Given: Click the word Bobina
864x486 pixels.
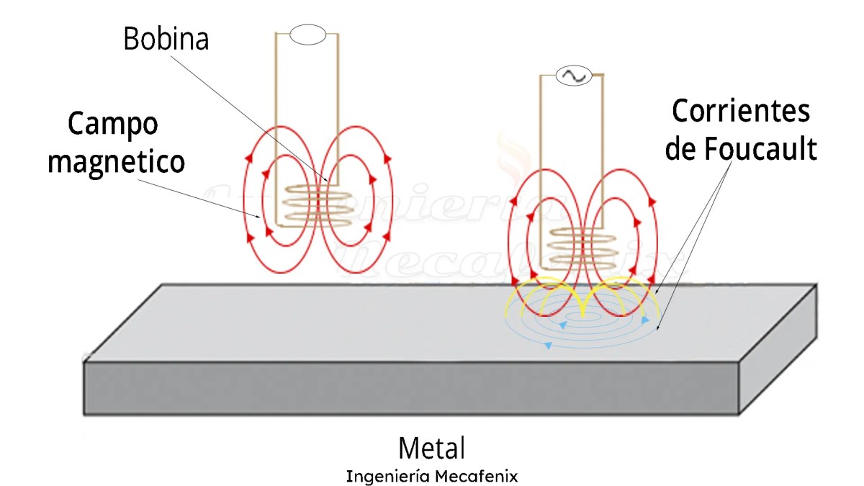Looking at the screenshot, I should [166, 39].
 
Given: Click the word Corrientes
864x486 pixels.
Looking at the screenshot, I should [741, 112].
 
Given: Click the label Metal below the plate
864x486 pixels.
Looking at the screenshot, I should [431, 448].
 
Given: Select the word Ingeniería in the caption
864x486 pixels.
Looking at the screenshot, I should [388, 477].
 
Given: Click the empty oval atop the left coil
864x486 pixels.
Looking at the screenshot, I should [308, 35].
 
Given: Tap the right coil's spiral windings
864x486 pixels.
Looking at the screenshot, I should [583, 246].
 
